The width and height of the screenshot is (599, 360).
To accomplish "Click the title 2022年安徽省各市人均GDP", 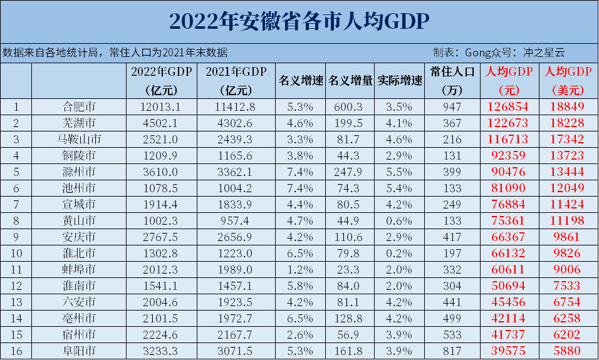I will pos(299,22).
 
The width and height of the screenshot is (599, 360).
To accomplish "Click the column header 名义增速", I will pos(300,81).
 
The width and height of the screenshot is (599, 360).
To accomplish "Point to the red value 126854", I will pos(508,107).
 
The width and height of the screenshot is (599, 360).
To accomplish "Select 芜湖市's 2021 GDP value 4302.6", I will pos(236,123).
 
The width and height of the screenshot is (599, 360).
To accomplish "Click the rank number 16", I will pos(16,351).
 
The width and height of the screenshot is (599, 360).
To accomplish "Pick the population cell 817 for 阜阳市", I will pos(456,351).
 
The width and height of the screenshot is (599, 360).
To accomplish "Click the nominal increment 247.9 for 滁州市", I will pos(350,172).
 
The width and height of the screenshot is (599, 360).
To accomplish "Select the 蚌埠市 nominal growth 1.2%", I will pos(300,270).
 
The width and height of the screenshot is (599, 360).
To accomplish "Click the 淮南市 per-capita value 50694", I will pos(508,286).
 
